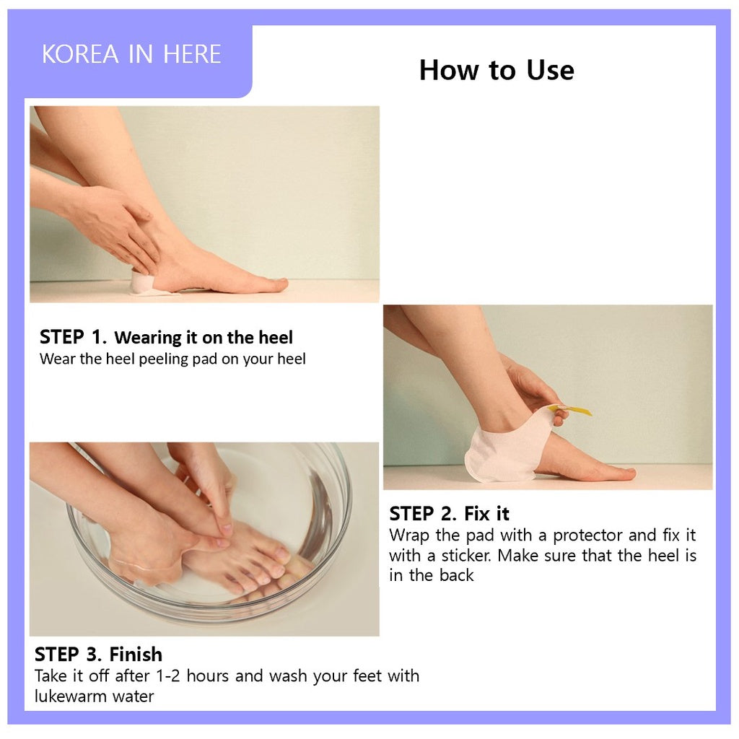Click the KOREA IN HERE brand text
(x=131, y=53)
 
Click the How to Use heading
(x=497, y=70)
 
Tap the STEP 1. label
(x=73, y=337)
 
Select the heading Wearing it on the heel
(x=204, y=338)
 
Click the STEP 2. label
(x=423, y=513)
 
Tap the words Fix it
(x=486, y=513)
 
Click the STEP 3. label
(x=68, y=654)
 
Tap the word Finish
(x=136, y=654)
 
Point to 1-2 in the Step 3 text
(x=167, y=675)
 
